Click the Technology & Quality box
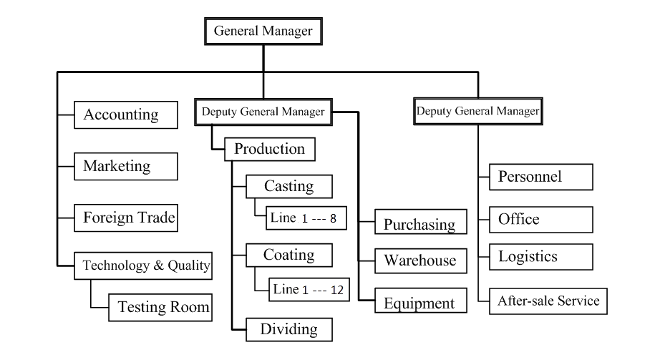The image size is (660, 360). click(146, 266)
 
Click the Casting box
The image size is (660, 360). click(289, 186)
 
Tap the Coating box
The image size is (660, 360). click(289, 255)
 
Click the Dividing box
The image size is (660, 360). click(289, 329)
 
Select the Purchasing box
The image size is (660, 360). click(419, 224)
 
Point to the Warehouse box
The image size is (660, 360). click(419, 260)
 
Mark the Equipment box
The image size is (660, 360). click(419, 303)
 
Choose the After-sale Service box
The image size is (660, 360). click(548, 301)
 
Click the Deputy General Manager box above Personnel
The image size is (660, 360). click(477, 111)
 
